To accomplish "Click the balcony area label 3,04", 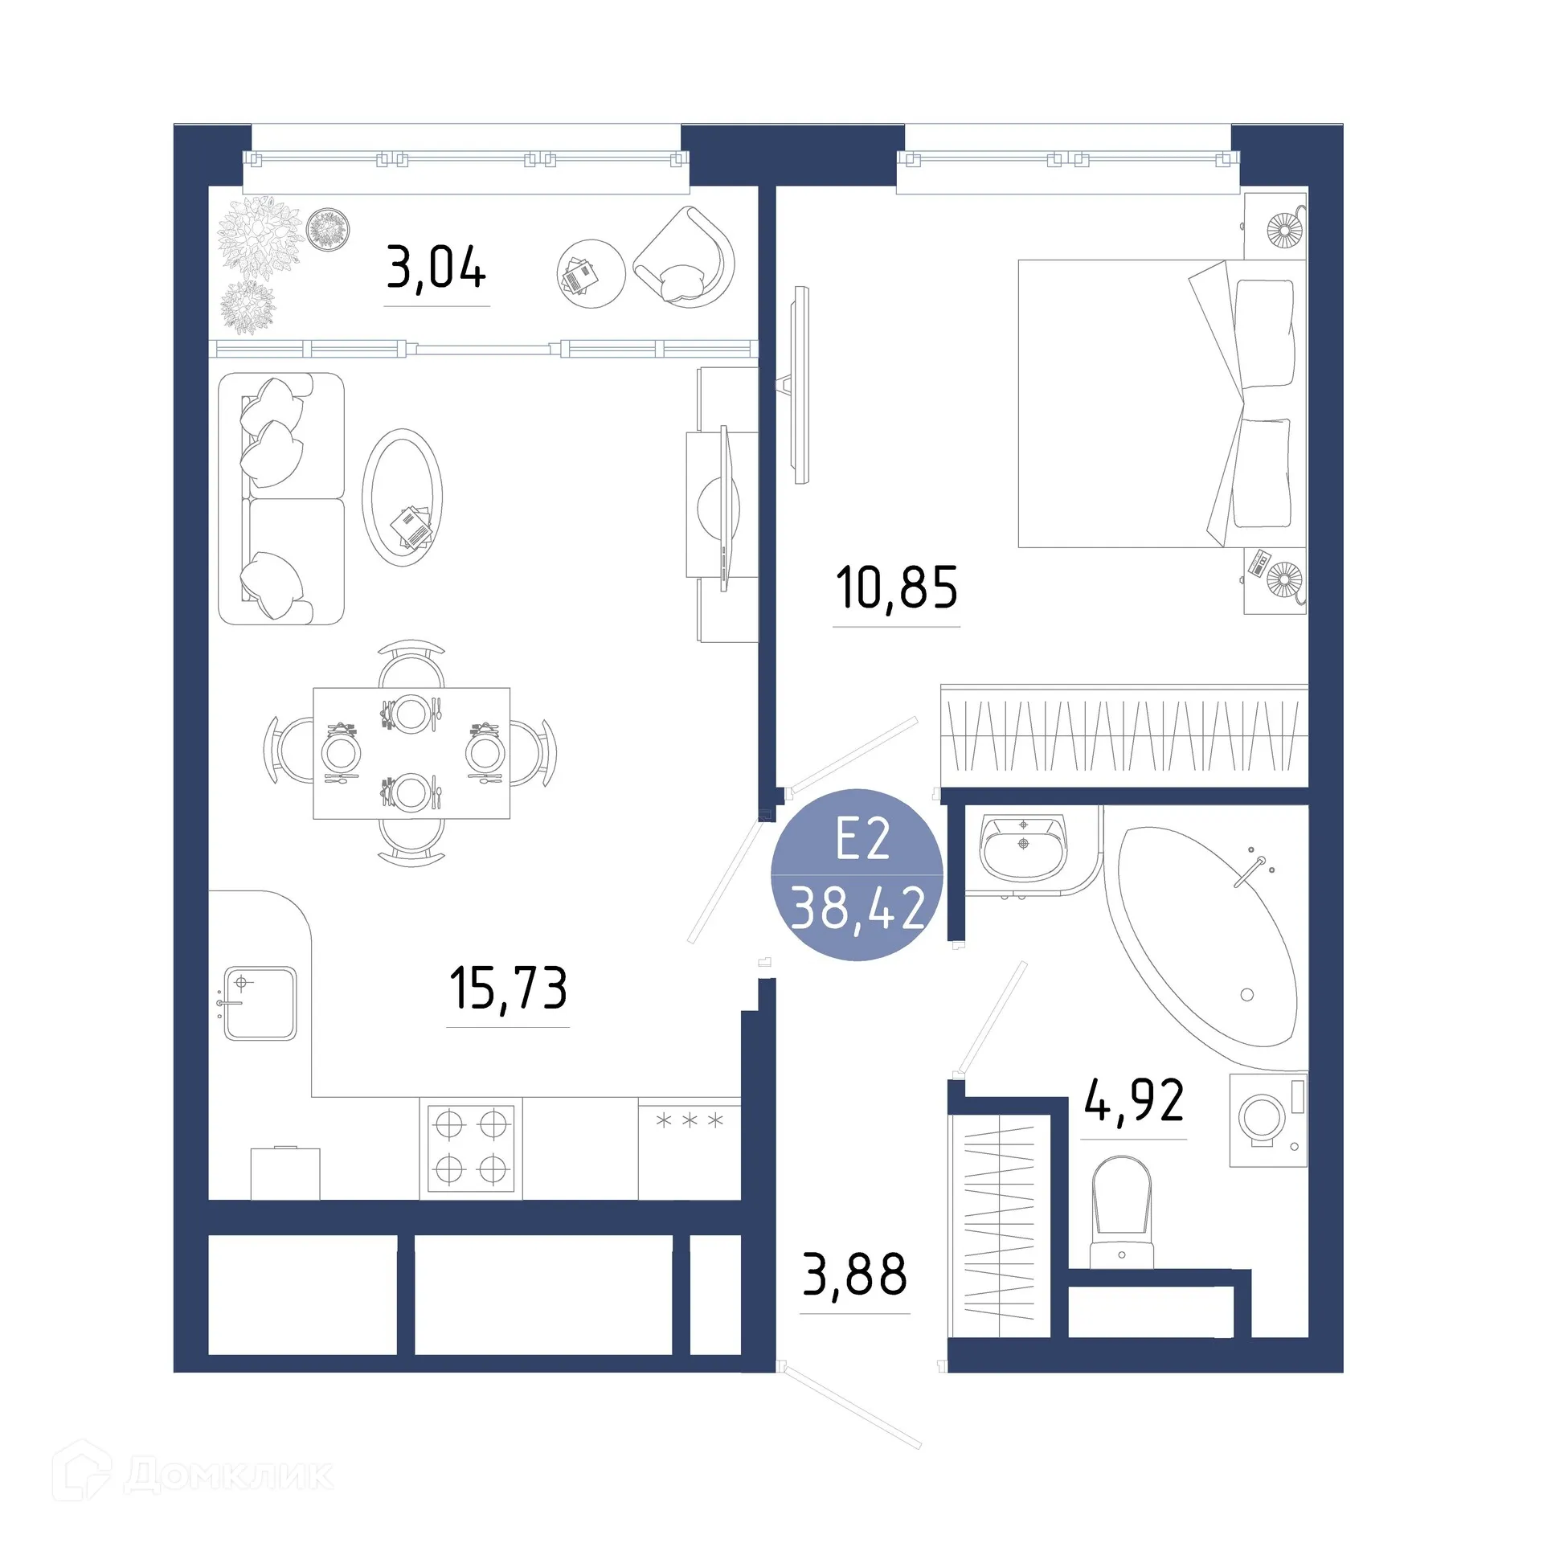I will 436,268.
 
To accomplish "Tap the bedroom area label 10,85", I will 896,587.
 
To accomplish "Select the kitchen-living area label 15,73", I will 508,988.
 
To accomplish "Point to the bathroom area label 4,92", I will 1133,1100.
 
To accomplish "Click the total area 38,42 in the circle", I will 857,908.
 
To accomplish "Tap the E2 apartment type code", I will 862,839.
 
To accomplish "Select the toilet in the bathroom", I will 1121,1214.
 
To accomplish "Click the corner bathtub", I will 1205,936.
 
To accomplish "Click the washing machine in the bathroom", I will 1267,1119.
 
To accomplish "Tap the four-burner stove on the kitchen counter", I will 471,1147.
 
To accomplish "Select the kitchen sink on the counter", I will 260,1003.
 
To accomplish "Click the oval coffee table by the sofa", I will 402,497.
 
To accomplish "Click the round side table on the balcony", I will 591,273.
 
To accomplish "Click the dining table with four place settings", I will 411,753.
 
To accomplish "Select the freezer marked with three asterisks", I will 689,1149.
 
